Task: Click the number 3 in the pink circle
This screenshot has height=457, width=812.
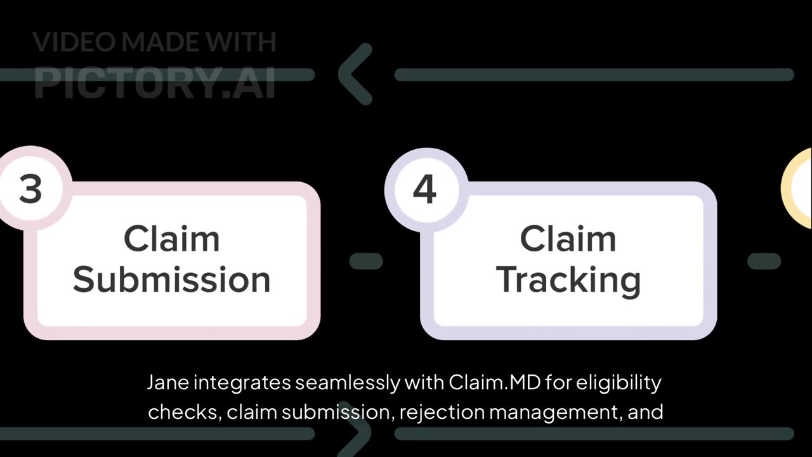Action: pyautogui.click(x=29, y=189)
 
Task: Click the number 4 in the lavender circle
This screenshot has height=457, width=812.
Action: pyautogui.click(x=424, y=189)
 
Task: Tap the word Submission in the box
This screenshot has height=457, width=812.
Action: pyautogui.click(x=171, y=280)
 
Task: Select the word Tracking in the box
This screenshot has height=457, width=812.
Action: pyautogui.click(x=568, y=280)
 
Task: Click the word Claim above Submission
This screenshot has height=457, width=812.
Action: pyautogui.click(x=171, y=239)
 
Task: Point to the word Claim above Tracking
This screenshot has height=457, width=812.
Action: pyautogui.click(x=568, y=239)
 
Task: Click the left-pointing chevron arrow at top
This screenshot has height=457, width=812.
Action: pyautogui.click(x=355, y=74)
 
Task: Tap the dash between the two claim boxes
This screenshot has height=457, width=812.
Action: pyautogui.click(x=366, y=261)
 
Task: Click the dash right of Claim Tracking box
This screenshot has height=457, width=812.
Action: pyautogui.click(x=764, y=261)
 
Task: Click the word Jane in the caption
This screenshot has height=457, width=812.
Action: pyautogui.click(x=167, y=383)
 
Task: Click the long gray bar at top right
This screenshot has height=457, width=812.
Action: pyautogui.click(x=594, y=75)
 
